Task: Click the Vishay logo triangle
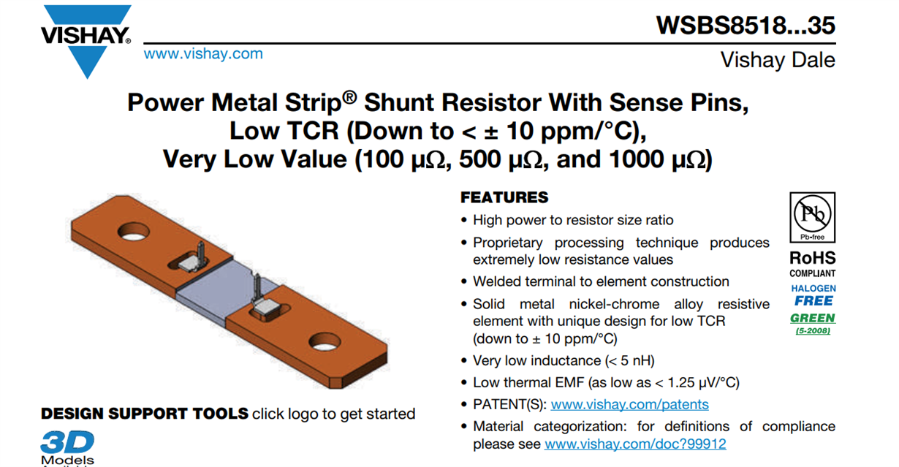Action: [x=87, y=51]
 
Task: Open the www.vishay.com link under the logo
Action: [x=203, y=53]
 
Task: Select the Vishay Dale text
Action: [x=778, y=60]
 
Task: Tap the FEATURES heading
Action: [x=504, y=197]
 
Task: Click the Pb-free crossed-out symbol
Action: [x=812, y=215]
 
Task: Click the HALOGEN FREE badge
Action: [x=813, y=295]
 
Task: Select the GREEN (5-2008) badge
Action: [x=813, y=322]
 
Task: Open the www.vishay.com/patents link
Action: [x=629, y=404]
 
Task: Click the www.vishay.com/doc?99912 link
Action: [x=635, y=444]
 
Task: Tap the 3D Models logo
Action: [x=67, y=445]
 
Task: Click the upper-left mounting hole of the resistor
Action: [x=134, y=234]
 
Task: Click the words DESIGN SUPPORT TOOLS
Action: [x=145, y=414]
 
